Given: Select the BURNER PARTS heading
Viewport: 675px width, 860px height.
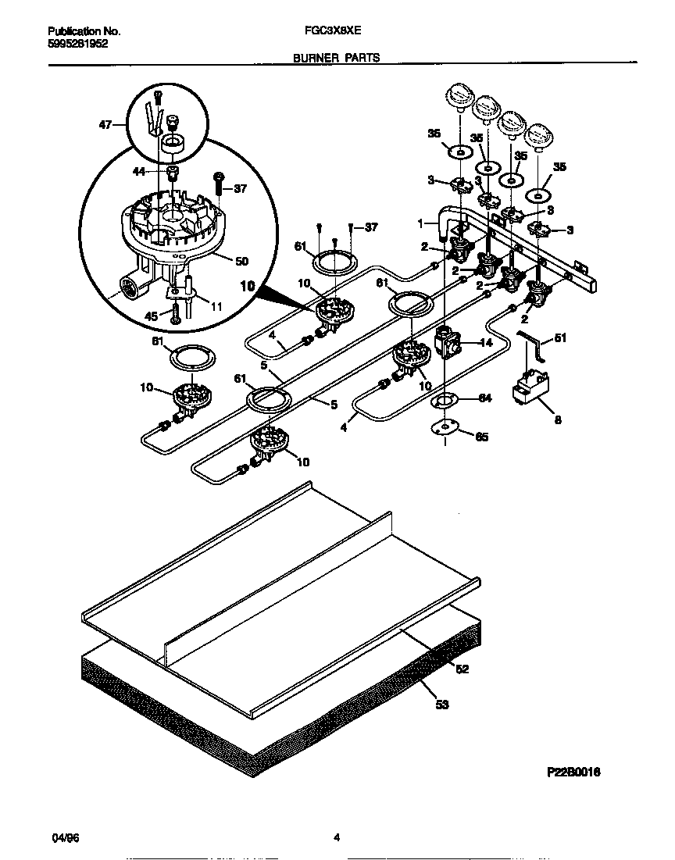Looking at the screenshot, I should click(x=337, y=58).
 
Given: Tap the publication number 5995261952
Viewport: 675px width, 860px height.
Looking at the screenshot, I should click(x=78, y=44).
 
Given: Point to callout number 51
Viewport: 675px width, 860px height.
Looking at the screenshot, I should click(x=560, y=337).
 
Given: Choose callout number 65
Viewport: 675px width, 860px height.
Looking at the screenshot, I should click(x=482, y=437).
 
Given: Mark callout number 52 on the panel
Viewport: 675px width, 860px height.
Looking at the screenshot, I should click(x=462, y=669).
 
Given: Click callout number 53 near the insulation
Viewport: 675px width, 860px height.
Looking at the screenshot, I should click(x=442, y=705).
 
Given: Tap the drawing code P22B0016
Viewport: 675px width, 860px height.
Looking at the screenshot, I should click(x=573, y=772).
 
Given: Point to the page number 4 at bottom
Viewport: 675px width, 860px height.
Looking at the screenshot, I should click(x=337, y=838).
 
